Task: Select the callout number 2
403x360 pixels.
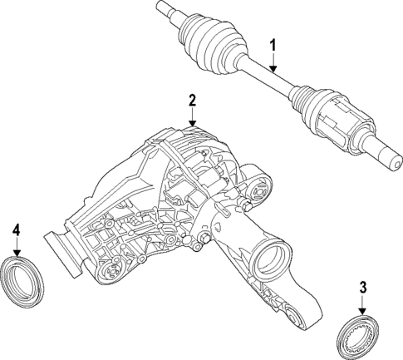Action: pyautogui.click(x=192, y=101)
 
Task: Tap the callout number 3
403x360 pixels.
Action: pyautogui.click(x=362, y=289)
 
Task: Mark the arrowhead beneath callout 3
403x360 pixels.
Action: pyautogui.click(x=362, y=312)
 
